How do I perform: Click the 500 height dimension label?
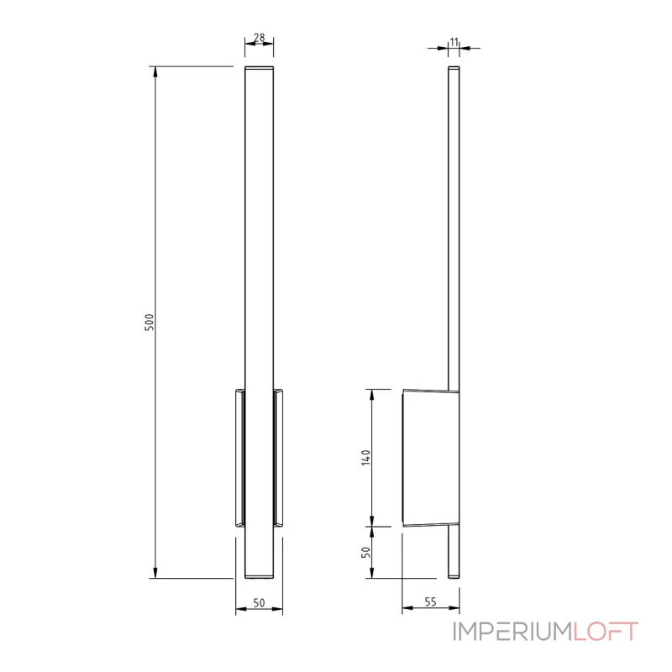click(x=150, y=322)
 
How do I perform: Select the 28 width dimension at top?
click(x=259, y=38)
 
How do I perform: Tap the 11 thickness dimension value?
click(x=454, y=41)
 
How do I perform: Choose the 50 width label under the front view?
click(x=259, y=601)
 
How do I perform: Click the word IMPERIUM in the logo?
click(x=512, y=632)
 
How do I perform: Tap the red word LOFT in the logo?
click(x=606, y=632)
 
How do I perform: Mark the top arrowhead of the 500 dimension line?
click(x=155, y=71)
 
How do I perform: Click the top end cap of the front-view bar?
click(x=259, y=67)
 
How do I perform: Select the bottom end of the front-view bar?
click(x=259, y=576)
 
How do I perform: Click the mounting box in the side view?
click(x=430, y=458)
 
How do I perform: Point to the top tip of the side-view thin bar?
click(x=454, y=68)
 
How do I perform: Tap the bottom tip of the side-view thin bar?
click(x=454, y=576)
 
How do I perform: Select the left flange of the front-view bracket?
click(x=239, y=458)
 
